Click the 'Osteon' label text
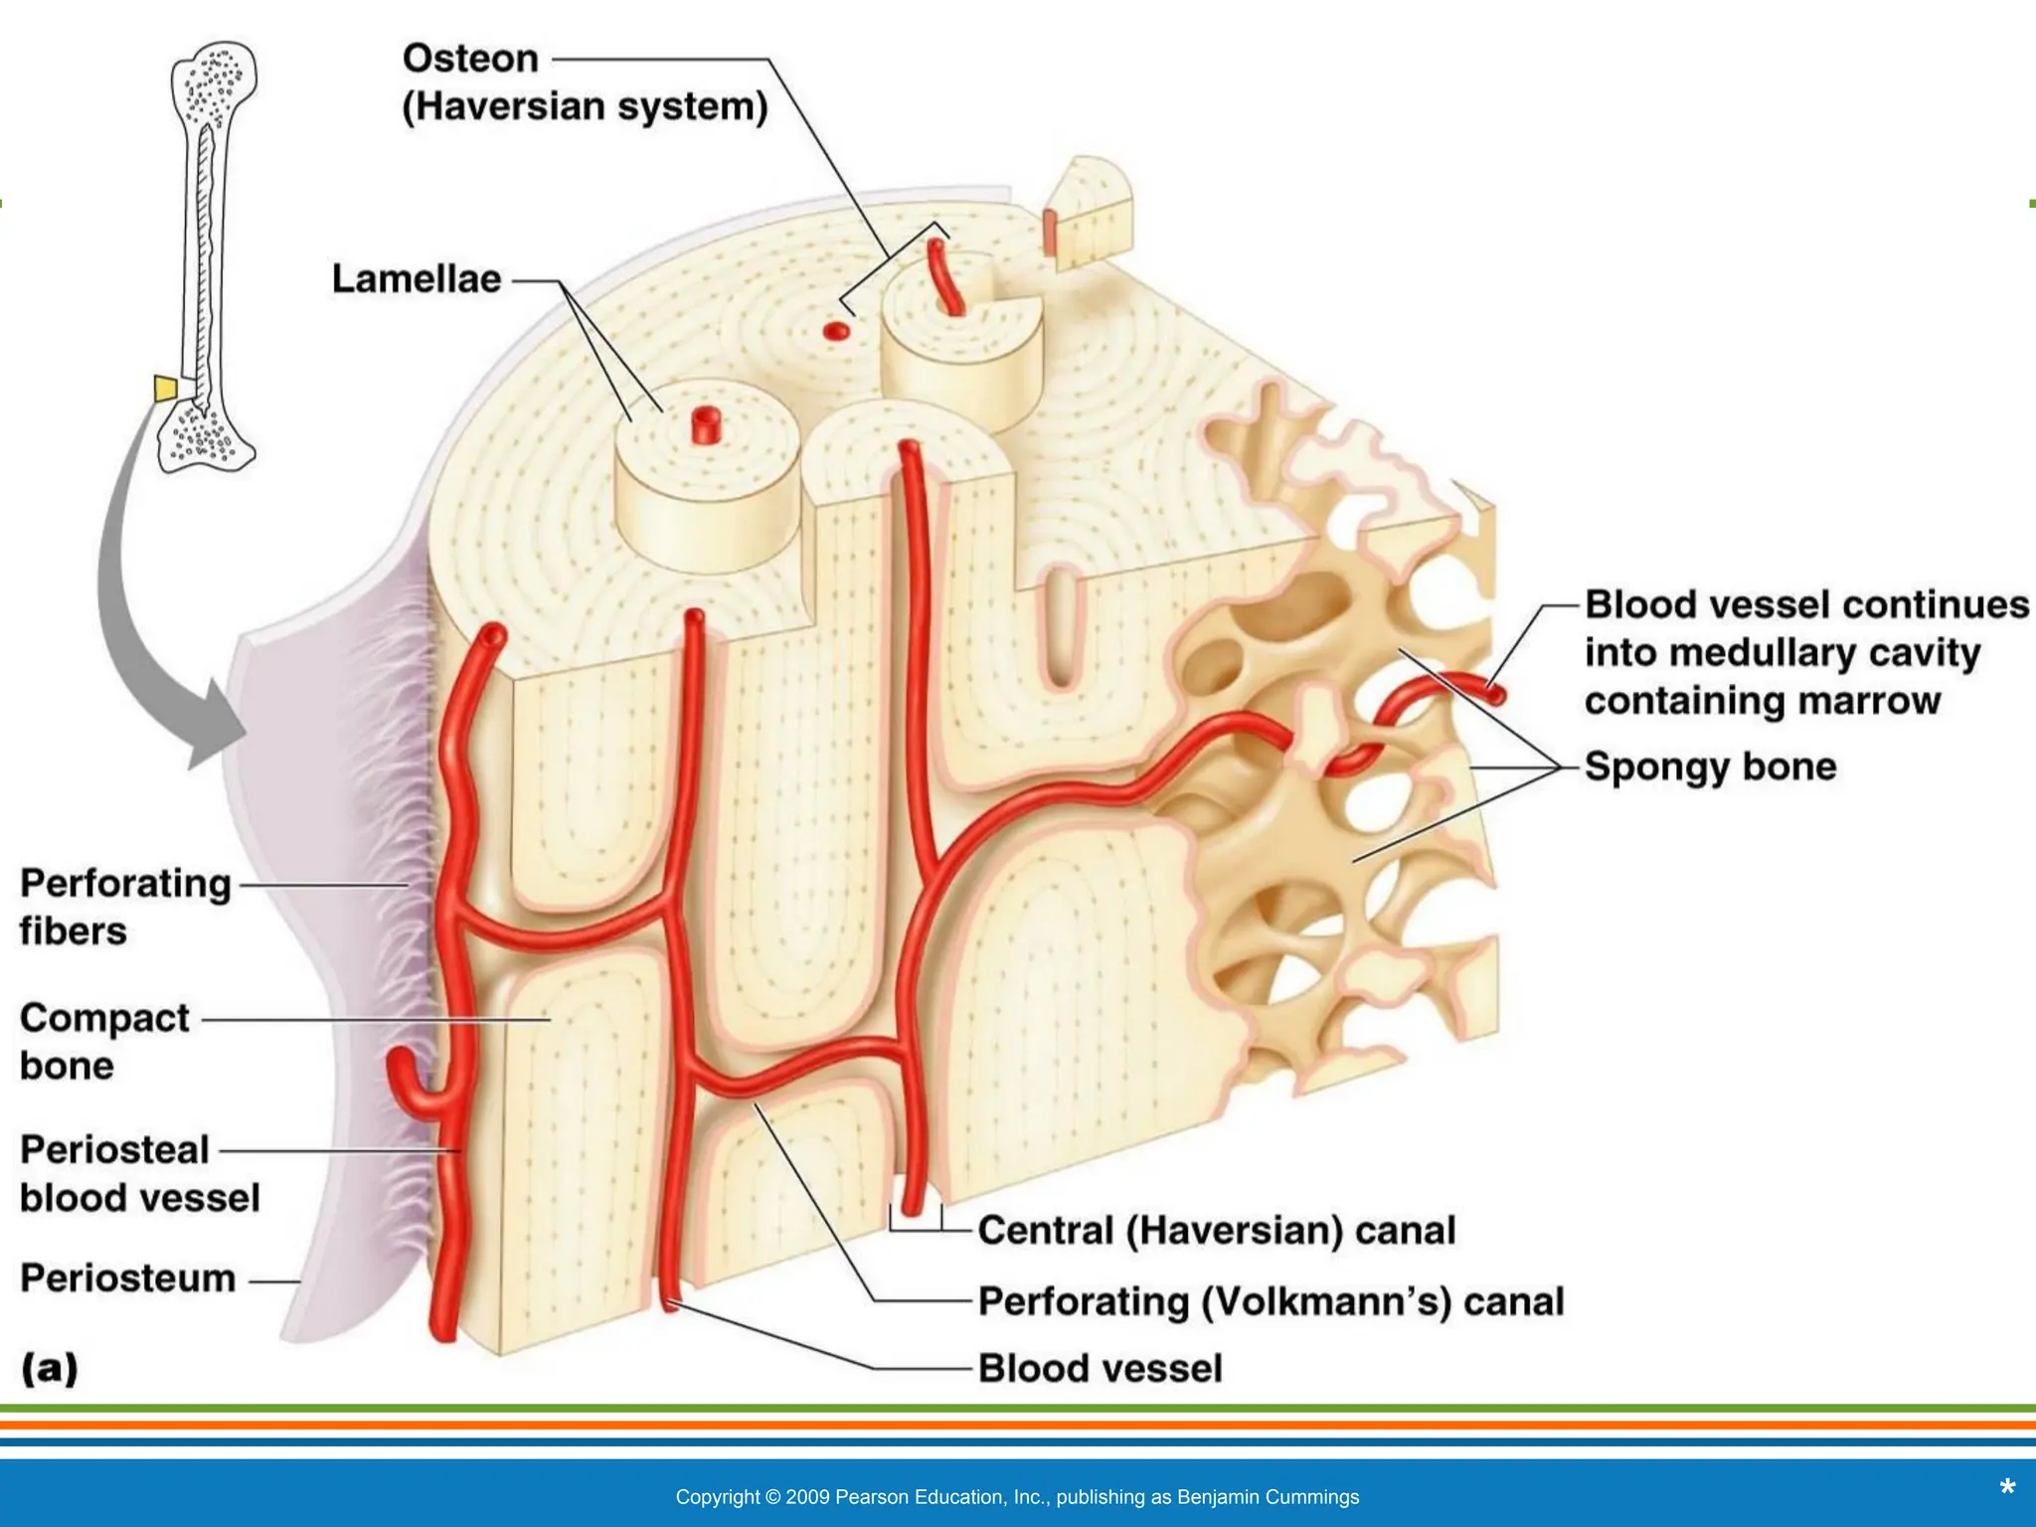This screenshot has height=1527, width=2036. coord(470,59)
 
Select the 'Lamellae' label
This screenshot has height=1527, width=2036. coord(417,279)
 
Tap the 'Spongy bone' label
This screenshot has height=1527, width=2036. coord(1710,766)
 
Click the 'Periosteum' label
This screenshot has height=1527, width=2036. coord(128,1278)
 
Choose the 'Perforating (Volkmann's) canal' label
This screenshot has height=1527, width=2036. coord(1271,1301)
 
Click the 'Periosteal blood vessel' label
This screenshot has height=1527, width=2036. coord(139,1174)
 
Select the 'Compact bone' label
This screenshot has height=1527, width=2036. coord(103,1042)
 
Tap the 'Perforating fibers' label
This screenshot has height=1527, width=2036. coord(125,907)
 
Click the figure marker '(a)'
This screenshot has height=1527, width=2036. coord(50,1369)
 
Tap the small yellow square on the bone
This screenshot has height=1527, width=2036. coord(166,388)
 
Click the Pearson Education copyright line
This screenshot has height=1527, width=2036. coord(1017,1497)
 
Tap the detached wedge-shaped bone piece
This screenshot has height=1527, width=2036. coord(1090,214)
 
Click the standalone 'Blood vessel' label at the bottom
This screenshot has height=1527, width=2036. coord(1100,1369)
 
